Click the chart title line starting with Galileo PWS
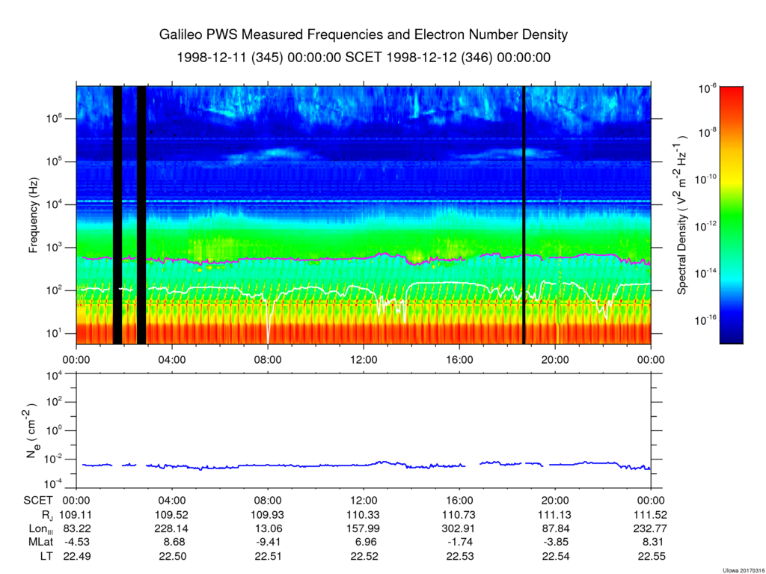click(x=364, y=35)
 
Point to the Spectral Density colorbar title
click(x=682, y=215)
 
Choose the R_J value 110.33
click(x=364, y=516)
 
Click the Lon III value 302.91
click(x=459, y=529)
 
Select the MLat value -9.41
click(x=268, y=543)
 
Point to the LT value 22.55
click(x=651, y=556)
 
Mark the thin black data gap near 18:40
click(x=524, y=215)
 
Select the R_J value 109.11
click(x=76, y=516)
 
